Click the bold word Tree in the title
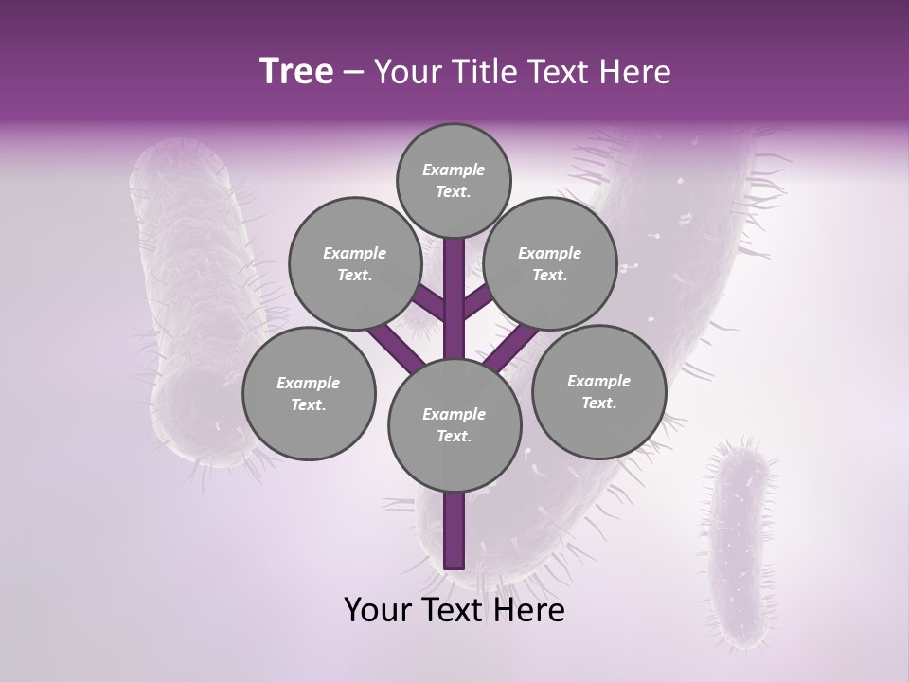[296, 72]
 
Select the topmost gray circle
[454, 180]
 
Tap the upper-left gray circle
[354, 264]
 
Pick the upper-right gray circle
[550, 264]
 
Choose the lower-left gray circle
[309, 393]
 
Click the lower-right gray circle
[598, 391]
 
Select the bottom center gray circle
[454, 425]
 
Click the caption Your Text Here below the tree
[454, 610]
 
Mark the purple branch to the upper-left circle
[427, 302]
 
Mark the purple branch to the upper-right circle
[478, 300]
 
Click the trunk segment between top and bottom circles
[454, 298]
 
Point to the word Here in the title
[634, 72]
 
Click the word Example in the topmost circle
[454, 170]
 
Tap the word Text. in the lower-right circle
[598, 403]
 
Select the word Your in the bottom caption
[378, 610]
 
